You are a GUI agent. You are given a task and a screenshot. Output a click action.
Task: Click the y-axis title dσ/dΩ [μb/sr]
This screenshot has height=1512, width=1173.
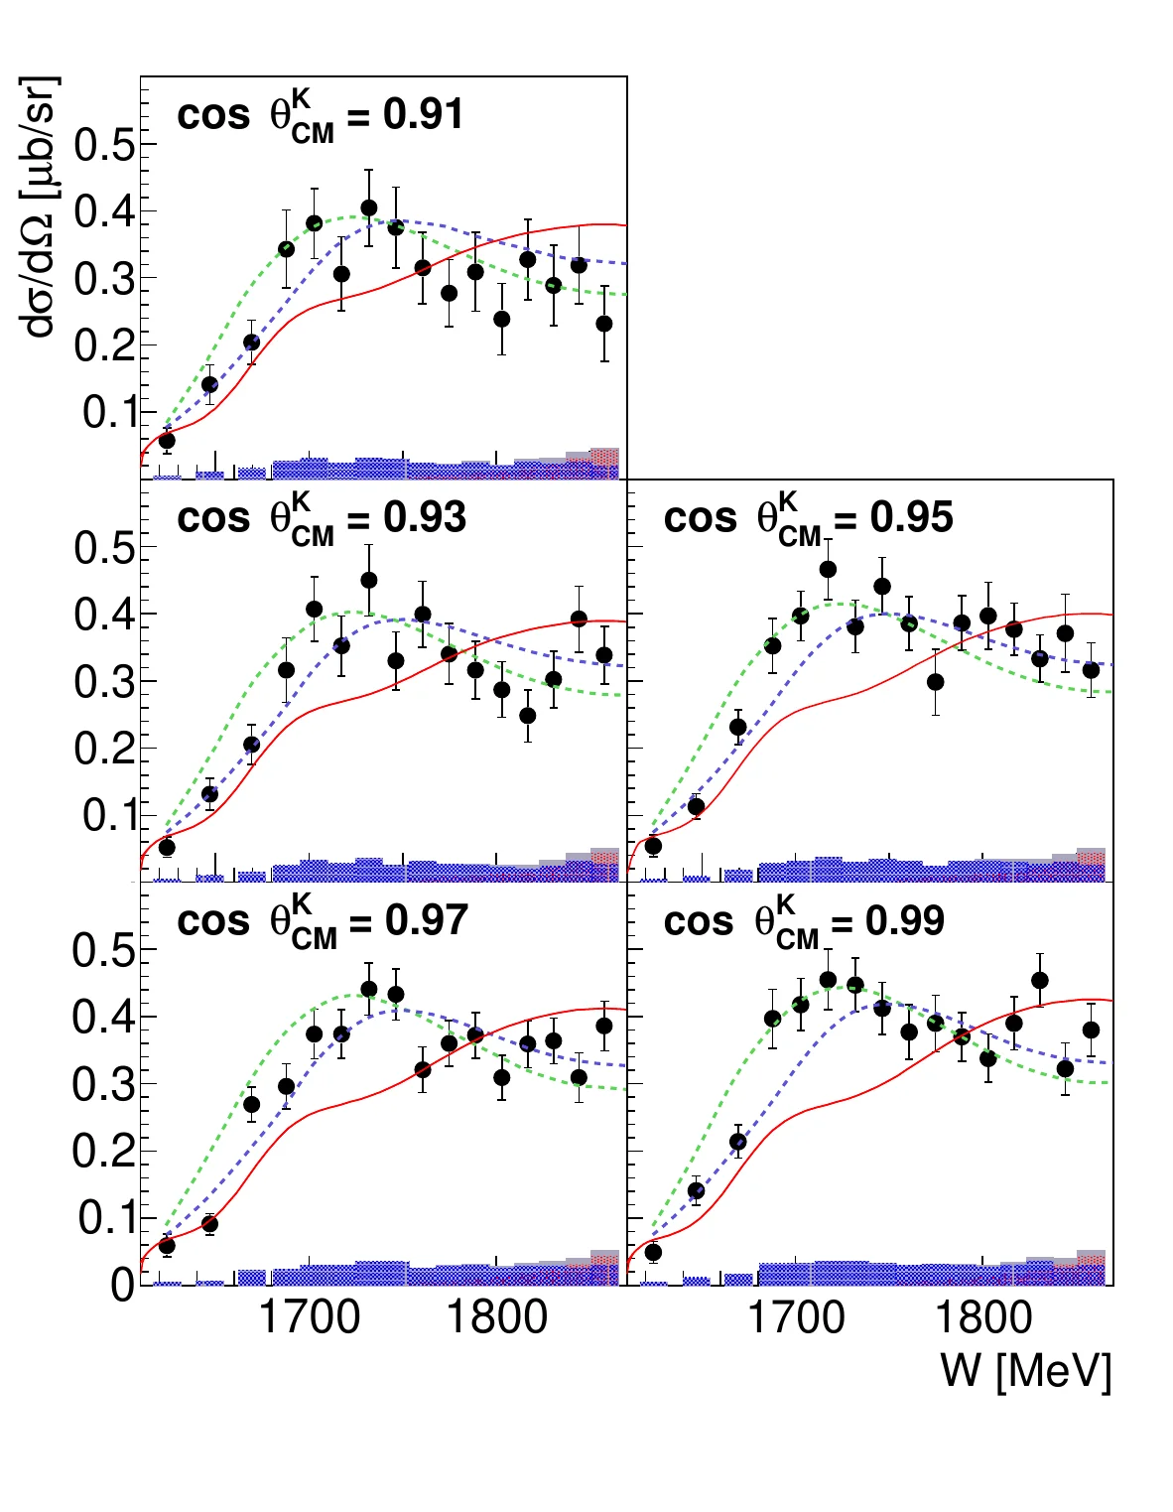[x=41, y=206]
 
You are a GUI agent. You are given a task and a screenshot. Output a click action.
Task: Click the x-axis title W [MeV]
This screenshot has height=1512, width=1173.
[x=1025, y=1371]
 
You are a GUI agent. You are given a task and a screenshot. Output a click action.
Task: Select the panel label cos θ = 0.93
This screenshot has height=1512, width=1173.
[x=321, y=520]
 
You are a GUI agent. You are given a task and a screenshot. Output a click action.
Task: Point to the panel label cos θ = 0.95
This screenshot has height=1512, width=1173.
[x=808, y=520]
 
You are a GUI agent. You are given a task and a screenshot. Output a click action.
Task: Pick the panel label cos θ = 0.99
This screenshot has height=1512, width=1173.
[x=804, y=923]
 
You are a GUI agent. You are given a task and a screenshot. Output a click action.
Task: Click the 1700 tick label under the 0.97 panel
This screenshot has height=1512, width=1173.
[x=309, y=1317]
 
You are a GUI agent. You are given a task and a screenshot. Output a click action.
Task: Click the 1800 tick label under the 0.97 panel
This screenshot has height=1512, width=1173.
[x=496, y=1317]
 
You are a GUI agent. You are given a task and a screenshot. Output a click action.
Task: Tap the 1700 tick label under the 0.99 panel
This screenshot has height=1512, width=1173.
[x=795, y=1317]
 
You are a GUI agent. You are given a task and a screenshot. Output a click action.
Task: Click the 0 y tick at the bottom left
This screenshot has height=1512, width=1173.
[x=121, y=1285]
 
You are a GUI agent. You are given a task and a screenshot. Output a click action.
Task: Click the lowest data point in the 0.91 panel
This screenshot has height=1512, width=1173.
[x=167, y=440]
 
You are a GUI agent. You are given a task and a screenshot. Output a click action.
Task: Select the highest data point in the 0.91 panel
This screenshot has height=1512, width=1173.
[x=369, y=208]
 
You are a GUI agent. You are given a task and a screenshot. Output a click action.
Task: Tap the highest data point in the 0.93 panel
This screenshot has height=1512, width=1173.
[x=369, y=580]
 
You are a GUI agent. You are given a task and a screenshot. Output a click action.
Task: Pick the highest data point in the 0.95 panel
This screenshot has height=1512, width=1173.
[x=828, y=569]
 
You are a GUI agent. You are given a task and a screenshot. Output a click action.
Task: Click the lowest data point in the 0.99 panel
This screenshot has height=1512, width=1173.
[x=653, y=1252]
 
